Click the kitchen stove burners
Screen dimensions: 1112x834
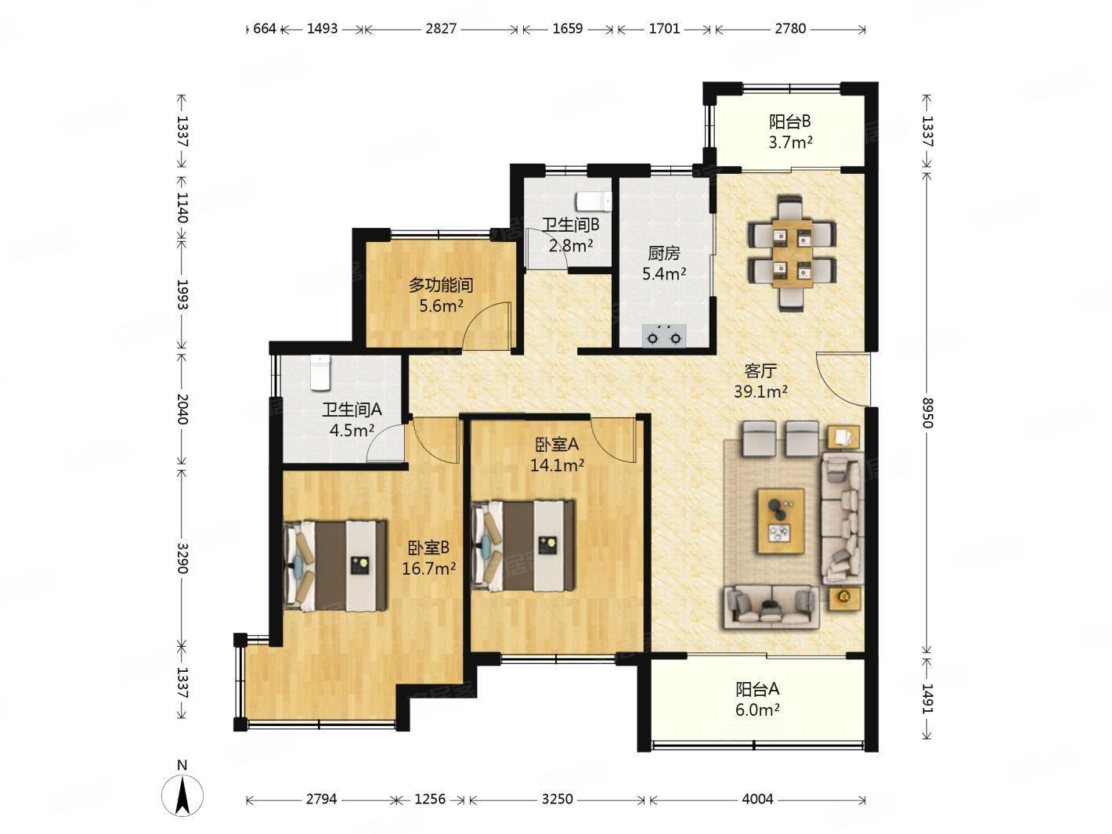coord(663,336)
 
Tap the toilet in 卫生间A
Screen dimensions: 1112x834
coord(320,373)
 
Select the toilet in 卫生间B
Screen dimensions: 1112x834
coord(594,201)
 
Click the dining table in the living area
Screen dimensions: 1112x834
coord(792,253)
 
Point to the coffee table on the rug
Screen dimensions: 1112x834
coord(781,520)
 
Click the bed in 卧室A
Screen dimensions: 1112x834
coord(523,546)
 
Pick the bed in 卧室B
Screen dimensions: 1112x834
coord(335,565)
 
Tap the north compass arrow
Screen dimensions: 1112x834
coord(182,796)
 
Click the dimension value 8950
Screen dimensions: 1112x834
coord(926,413)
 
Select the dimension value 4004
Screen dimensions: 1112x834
coord(757,799)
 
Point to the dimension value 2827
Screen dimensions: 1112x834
coord(441,28)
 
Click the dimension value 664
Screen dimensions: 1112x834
coord(265,28)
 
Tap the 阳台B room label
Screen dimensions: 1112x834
coord(790,121)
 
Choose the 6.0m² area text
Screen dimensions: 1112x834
coord(757,710)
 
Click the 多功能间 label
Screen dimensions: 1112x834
coord(441,285)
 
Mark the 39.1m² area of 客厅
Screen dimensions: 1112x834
coord(760,391)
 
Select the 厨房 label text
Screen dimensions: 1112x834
coord(663,253)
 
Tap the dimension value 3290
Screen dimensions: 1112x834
coord(182,558)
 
